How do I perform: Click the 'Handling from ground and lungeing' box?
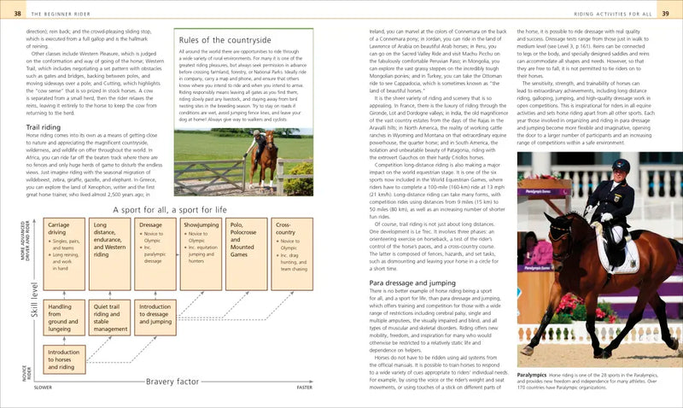pos(64,317)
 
